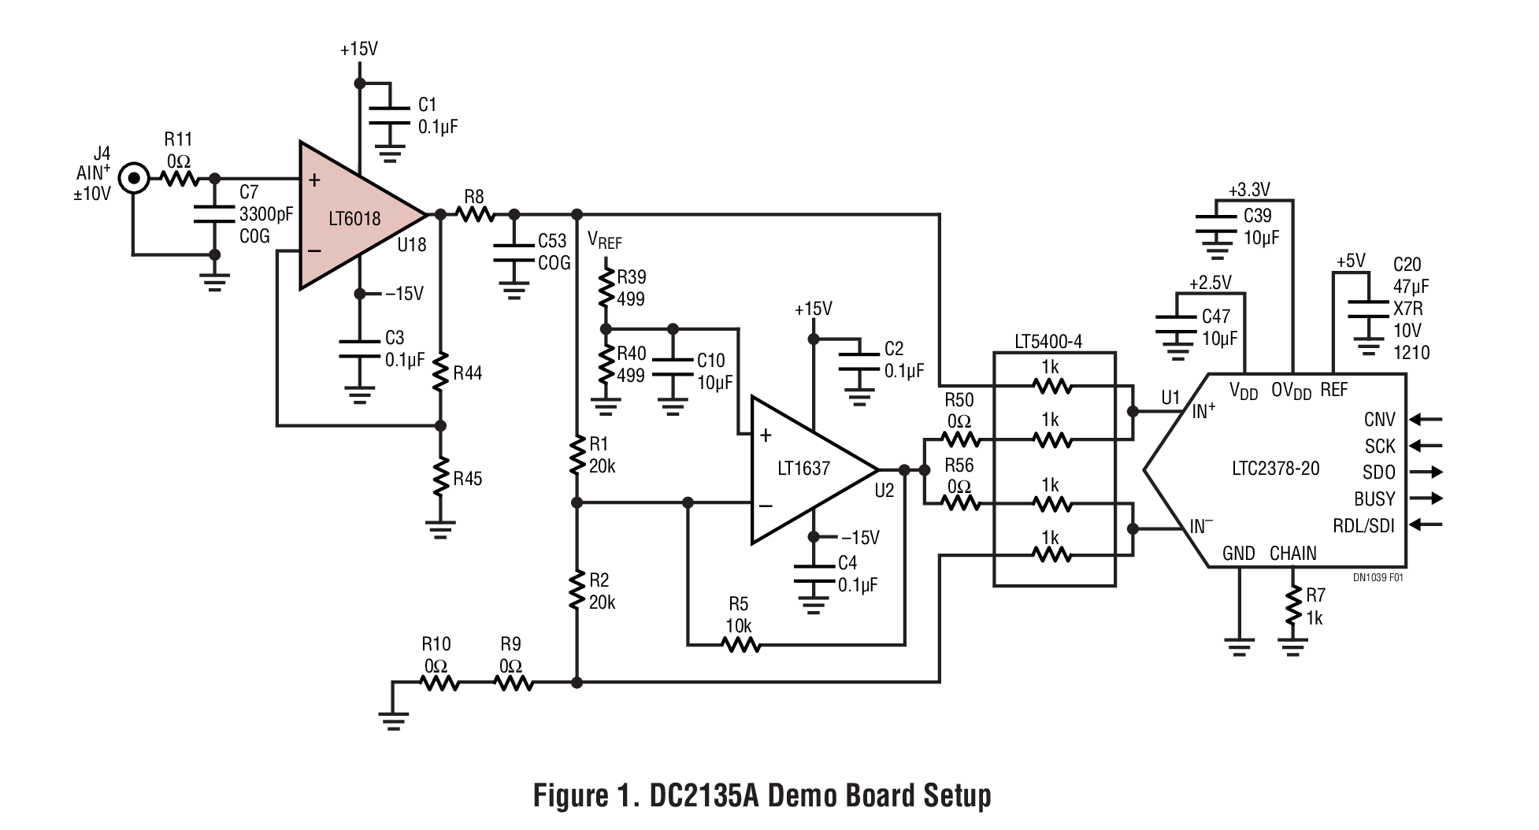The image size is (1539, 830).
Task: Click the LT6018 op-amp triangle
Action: [x=354, y=217]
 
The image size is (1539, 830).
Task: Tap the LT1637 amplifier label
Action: [x=803, y=469]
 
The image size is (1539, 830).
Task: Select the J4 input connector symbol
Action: [x=135, y=179]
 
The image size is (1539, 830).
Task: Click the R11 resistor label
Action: [x=178, y=139]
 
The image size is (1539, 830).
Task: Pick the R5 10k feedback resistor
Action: [x=741, y=645]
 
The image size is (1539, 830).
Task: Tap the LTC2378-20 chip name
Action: [x=1275, y=469]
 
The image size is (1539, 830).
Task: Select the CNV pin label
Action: [x=1379, y=420]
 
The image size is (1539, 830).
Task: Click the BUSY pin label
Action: [x=1374, y=498]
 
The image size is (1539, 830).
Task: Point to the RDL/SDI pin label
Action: [x=1363, y=525]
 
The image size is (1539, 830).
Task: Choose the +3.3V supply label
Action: [x=1249, y=190]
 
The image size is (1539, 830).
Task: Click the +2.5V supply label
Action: [x=1210, y=283]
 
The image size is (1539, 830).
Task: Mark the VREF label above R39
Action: [x=605, y=239]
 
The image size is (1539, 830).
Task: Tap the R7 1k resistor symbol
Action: [x=1292, y=607]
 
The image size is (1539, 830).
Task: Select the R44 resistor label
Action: [x=467, y=373]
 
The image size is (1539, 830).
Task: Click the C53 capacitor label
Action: [x=552, y=241]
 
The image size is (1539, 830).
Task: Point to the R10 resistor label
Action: [x=436, y=644]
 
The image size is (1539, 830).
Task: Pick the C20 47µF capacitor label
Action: [x=1407, y=265]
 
